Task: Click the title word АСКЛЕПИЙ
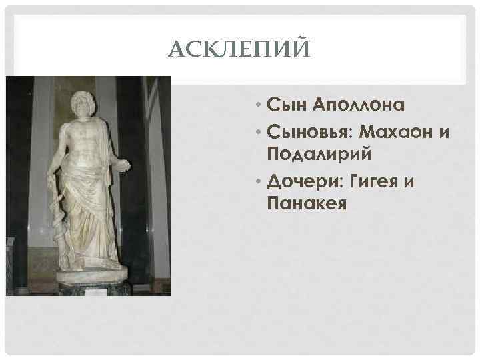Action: tap(239, 49)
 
